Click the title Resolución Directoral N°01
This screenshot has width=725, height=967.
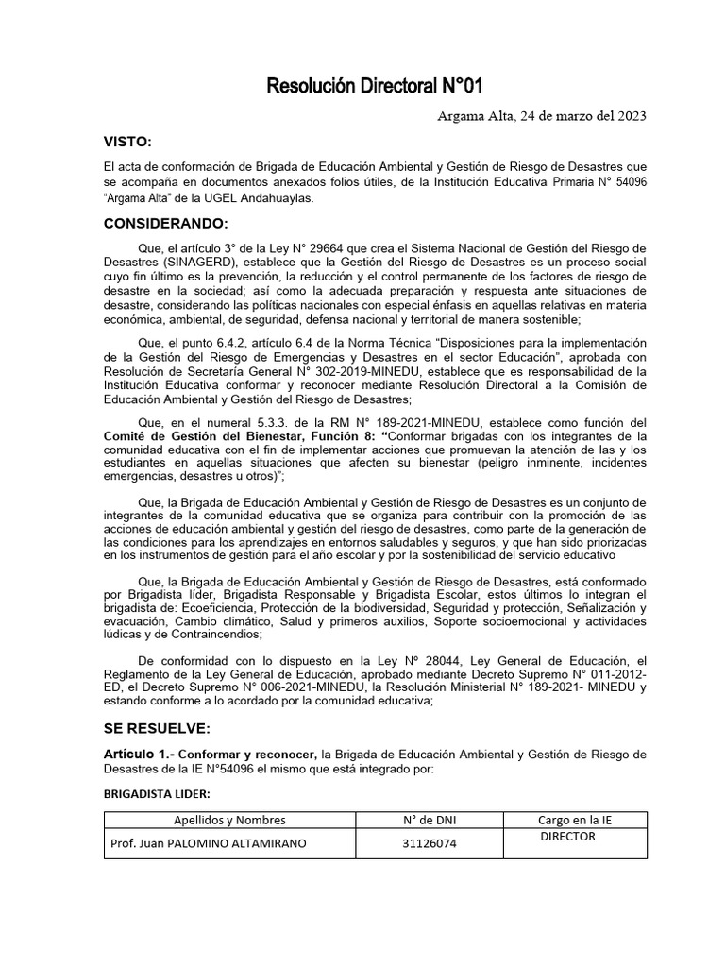pos(376,87)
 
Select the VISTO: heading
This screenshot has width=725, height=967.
pos(127,141)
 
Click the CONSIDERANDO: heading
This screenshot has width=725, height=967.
pos(166,223)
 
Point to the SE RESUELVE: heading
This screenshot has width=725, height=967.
pos(158,729)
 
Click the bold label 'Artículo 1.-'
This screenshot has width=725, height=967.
pos(138,754)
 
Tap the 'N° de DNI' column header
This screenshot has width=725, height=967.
pos(428,820)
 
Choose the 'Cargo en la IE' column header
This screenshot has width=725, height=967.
pos(576,820)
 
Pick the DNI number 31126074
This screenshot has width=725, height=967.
pos(428,843)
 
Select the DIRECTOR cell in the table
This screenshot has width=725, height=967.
pos(567,837)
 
